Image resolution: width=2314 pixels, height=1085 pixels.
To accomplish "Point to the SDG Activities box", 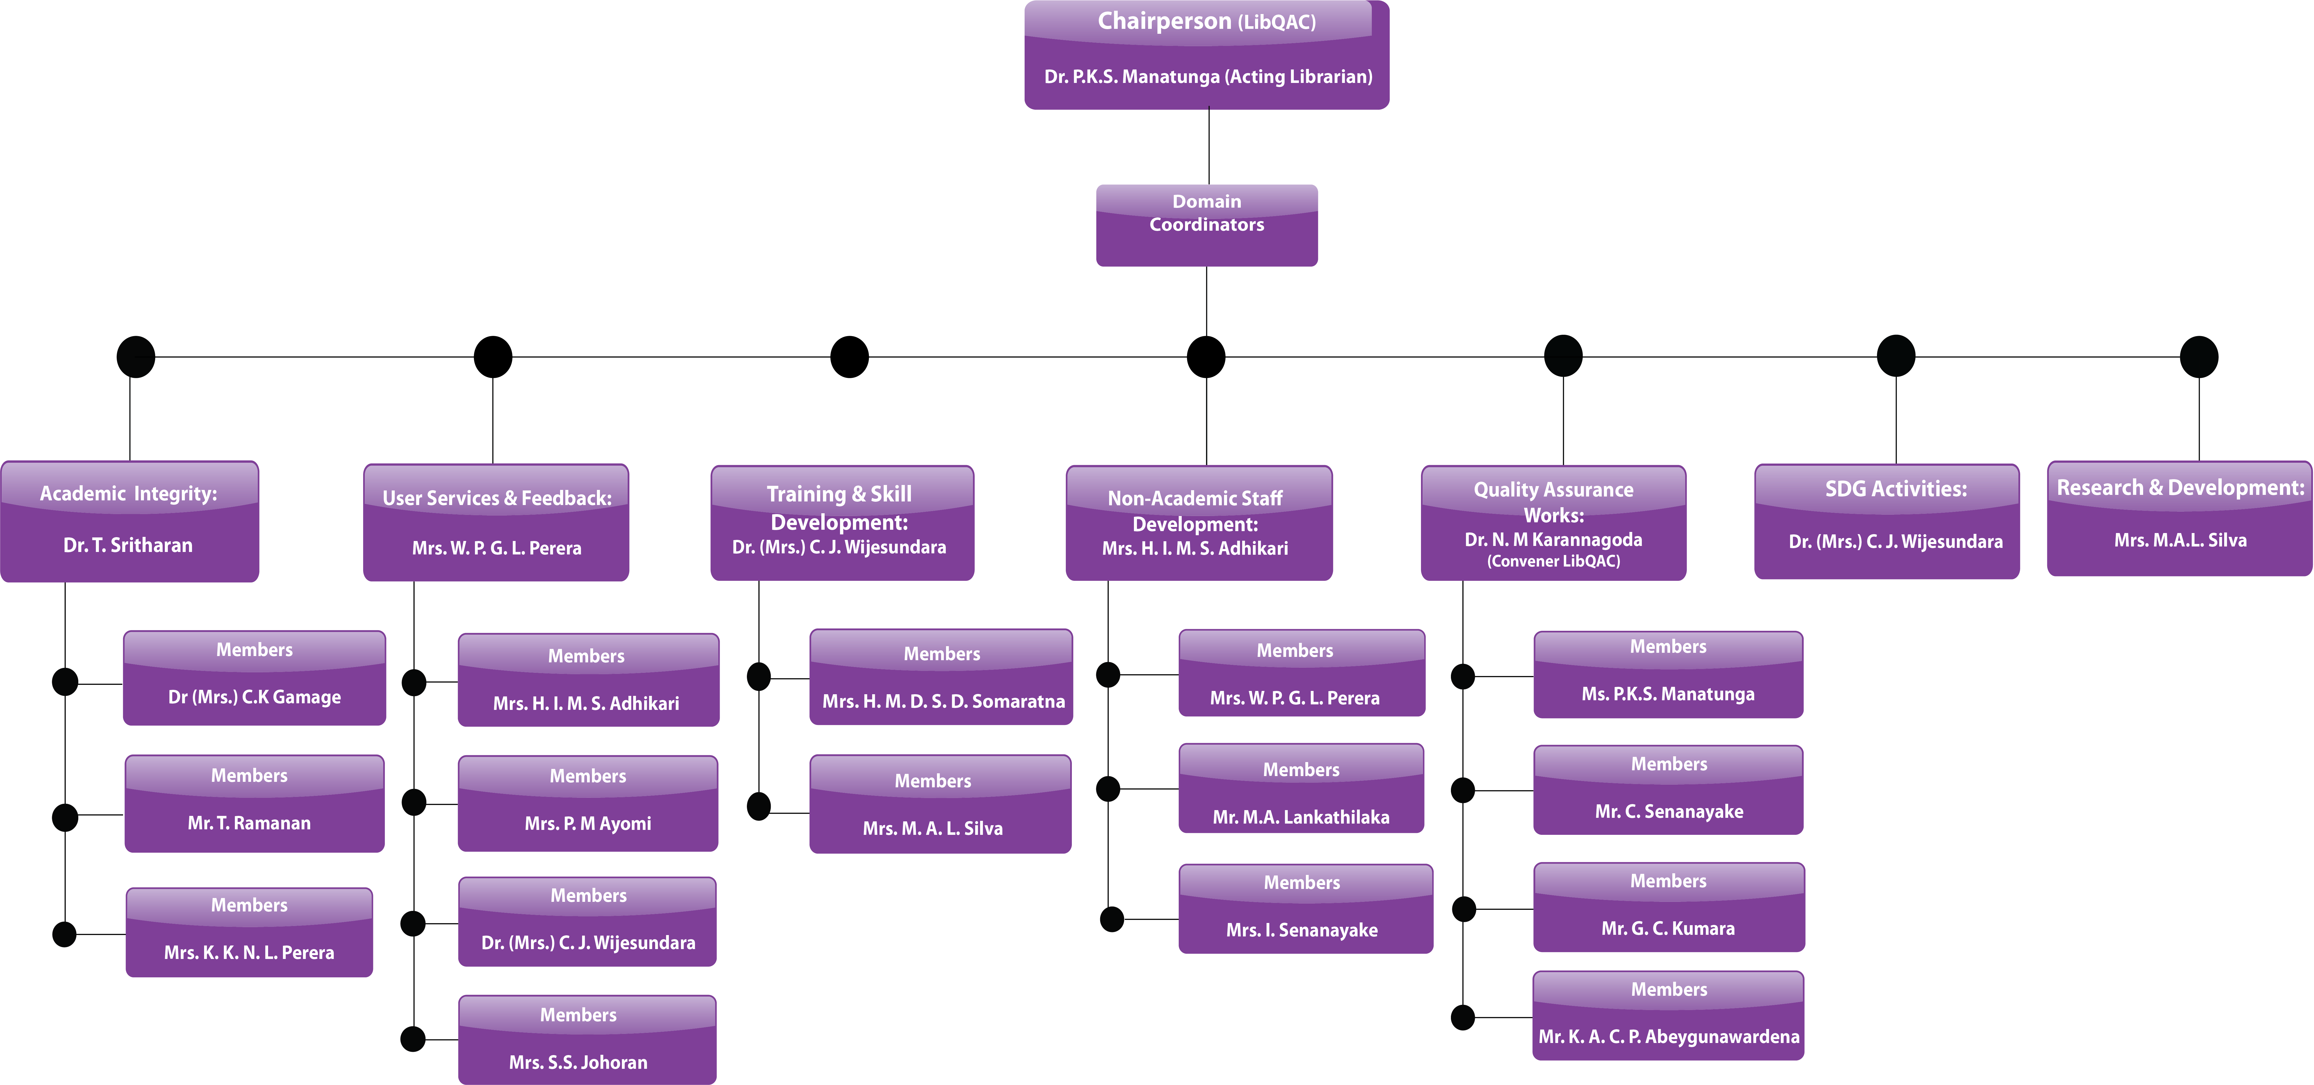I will [1886, 521].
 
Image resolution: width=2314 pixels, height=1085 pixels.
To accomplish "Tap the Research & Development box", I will [2179, 518].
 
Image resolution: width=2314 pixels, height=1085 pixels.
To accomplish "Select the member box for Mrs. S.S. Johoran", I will [586, 1039].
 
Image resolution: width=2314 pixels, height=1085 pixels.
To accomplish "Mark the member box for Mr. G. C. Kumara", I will [1668, 907].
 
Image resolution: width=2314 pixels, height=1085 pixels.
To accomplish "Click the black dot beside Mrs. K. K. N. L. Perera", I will [65, 934].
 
